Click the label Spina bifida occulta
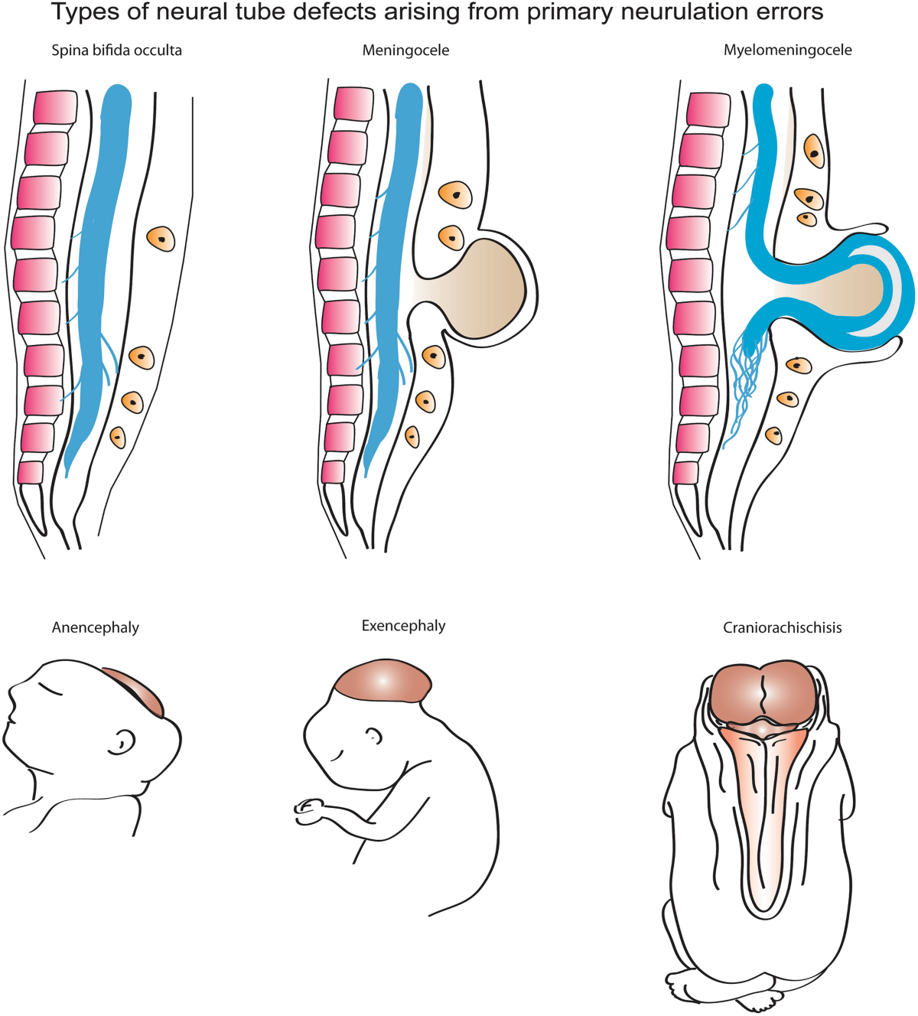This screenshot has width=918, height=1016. click(x=116, y=50)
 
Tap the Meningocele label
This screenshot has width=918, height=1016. click(x=405, y=50)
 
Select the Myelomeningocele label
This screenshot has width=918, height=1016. click(x=787, y=50)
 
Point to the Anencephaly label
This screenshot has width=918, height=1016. click(x=96, y=628)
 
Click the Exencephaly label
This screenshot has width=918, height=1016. click(x=403, y=626)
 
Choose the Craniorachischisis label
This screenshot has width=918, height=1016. click(x=783, y=628)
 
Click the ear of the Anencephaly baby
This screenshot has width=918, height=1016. click(x=121, y=743)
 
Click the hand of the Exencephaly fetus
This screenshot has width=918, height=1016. click(x=308, y=807)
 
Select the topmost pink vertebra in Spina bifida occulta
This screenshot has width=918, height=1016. click(x=55, y=107)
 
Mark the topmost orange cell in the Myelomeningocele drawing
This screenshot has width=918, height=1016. click(x=815, y=151)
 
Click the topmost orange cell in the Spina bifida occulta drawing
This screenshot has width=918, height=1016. click(x=161, y=239)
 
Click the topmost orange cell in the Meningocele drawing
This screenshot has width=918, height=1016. click(x=455, y=195)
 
